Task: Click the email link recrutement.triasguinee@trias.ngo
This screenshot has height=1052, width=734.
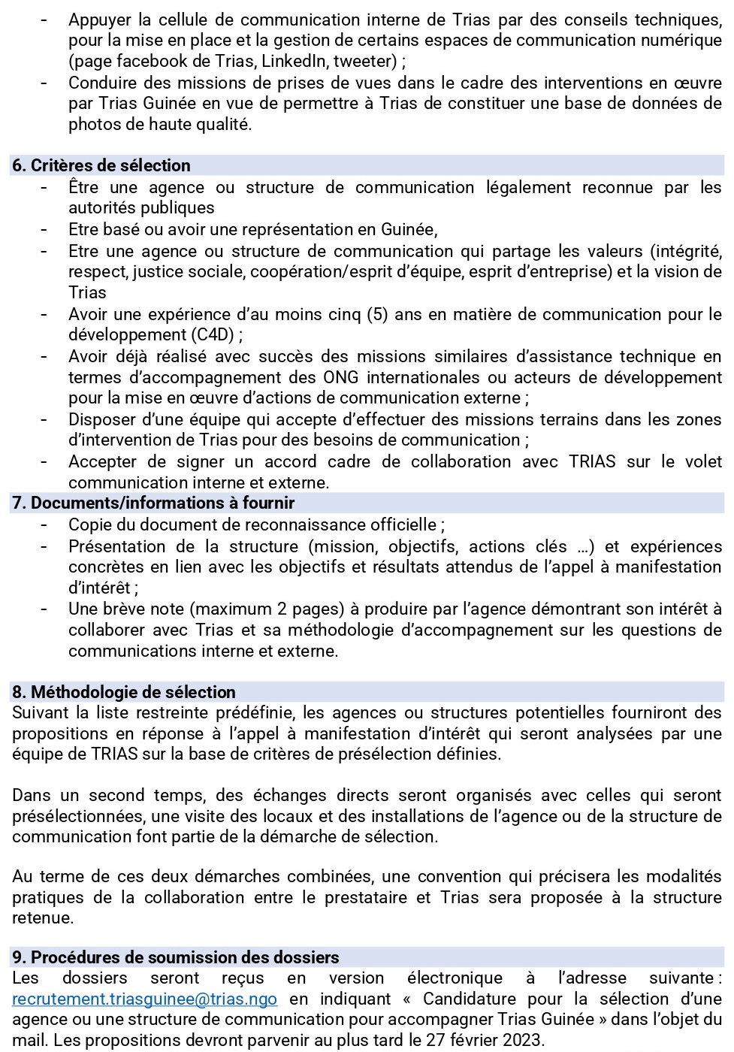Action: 144,999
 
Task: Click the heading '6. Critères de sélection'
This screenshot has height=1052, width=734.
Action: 101,166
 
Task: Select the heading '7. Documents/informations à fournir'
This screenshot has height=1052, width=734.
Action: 153,503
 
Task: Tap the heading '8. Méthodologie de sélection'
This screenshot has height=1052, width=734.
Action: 124,692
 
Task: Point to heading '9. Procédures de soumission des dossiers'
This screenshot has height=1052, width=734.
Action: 175,957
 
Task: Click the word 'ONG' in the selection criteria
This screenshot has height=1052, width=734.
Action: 340,377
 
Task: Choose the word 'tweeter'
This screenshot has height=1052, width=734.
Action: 364,62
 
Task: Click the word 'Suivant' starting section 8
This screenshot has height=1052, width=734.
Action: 40,712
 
